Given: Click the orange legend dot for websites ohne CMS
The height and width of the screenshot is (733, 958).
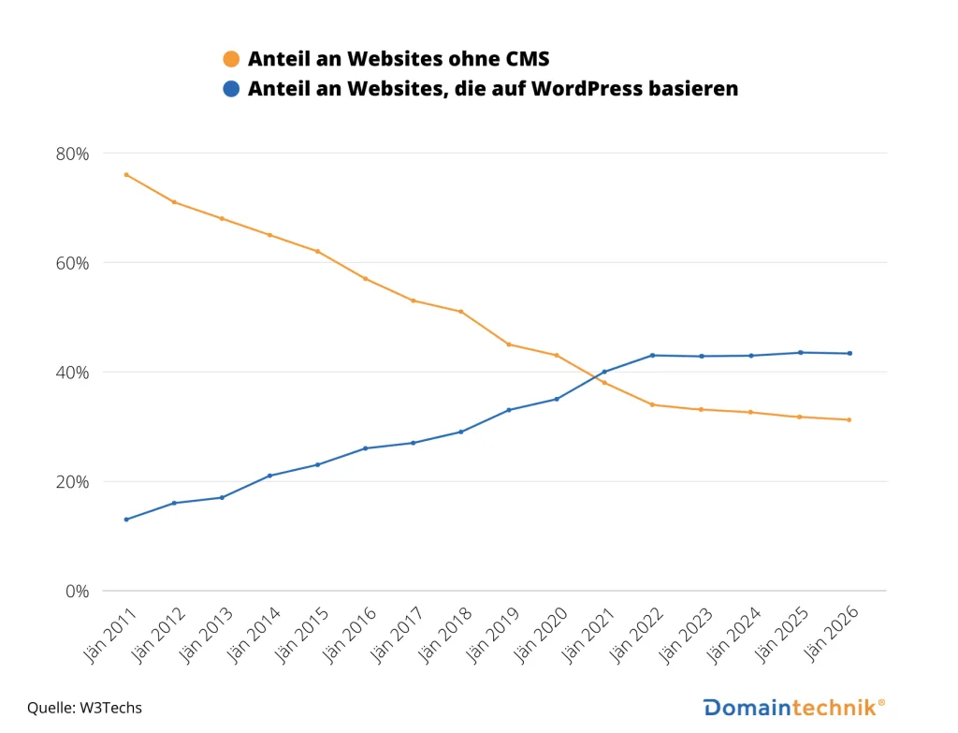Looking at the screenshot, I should click(x=231, y=60).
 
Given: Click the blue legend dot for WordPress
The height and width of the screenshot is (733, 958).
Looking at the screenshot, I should click(x=231, y=89).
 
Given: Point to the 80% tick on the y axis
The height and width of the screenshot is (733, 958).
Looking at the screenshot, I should click(x=72, y=154).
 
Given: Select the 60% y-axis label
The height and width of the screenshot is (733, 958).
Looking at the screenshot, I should click(x=72, y=263).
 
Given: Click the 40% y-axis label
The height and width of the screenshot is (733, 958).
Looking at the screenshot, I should click(x=72, y=373).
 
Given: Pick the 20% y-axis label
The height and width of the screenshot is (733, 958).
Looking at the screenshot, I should click(x=72, y=482).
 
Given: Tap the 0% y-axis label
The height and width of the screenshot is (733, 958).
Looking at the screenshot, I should click(x=77, y=592).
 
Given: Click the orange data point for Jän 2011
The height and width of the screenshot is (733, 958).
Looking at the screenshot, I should click(x=126, y=175).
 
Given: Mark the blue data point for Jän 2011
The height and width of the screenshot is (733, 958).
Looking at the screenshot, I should click(x=126, y=520).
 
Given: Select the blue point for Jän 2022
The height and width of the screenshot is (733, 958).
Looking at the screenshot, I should click(x=652, y=355).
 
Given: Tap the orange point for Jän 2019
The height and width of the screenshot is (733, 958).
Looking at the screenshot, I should click(x=508, y=345).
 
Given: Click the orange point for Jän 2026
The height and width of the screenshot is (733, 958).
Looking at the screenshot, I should click(x=849, y=419).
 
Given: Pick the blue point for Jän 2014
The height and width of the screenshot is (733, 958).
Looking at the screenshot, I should click(x=269, y=476).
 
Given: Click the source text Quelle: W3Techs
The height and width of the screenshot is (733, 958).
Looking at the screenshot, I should click(x=84, y=708).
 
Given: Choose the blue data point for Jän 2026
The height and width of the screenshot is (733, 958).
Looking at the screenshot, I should click(x=849, y=353).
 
